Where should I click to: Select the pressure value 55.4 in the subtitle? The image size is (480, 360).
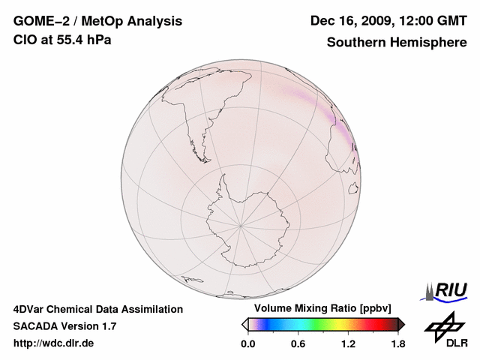click(67, 40)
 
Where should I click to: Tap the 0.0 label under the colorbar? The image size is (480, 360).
click(247, 344)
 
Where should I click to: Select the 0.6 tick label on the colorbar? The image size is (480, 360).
click(298, 344)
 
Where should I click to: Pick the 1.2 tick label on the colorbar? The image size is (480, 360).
click(348, 344)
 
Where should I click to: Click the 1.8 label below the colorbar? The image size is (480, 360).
click(397, 344)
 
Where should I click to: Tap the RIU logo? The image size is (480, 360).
click(448, 290)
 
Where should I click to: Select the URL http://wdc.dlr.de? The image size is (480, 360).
click(54, 344)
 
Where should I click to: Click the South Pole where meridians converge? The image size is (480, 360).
click(241, 224)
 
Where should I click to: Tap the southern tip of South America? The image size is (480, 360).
click(202, 142)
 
